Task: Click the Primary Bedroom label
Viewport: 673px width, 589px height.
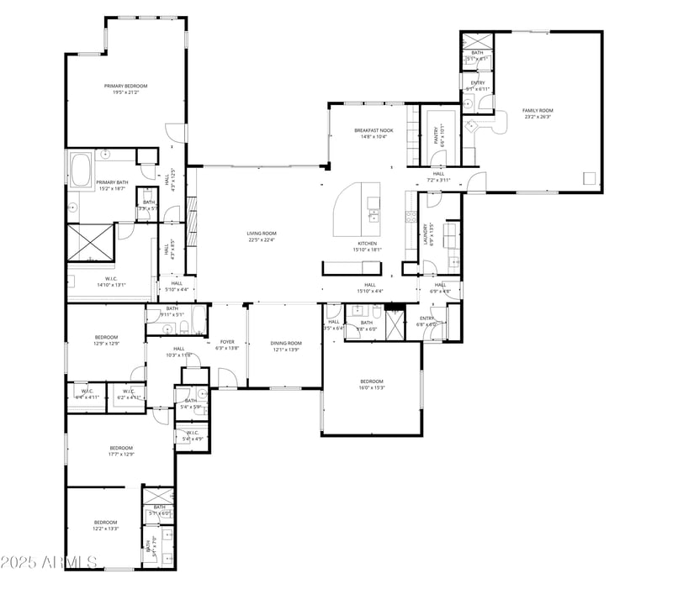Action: [x=125, y=86]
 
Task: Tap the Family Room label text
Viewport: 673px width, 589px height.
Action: [x=538, y=110]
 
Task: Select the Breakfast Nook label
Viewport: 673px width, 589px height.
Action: [x=374, y=130]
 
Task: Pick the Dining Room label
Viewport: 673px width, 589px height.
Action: [x=286, y=343]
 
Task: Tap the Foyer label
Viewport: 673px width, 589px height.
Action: [x=227, y=342]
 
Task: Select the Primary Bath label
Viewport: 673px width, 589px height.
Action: [x=111, y=182]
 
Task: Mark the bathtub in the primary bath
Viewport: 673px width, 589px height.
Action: [x=82, y=171]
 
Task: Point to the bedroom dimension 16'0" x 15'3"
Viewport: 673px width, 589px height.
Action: [x=372, y=388]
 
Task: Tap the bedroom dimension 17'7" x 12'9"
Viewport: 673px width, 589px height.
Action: [x=121, y=455]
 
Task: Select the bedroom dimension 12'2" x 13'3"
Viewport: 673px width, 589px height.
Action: [x=106, y=529]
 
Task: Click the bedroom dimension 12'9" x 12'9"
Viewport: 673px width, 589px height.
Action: [x=106, y=344]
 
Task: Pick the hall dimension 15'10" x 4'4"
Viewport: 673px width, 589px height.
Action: [x=369, y=292]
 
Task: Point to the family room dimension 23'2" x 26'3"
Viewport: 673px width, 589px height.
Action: [x=538, y=117]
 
